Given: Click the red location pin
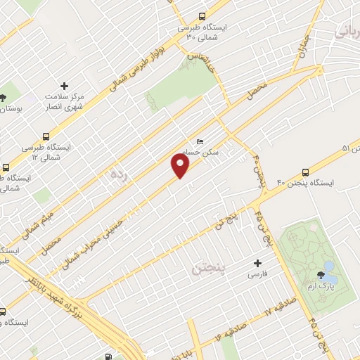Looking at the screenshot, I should [x=181, y=166].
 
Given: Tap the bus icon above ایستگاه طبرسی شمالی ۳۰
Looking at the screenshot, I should [x=202, y=16].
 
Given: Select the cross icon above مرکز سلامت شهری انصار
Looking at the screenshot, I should [x=64, y=86].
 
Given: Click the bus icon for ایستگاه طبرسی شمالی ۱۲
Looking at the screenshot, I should [x=46, y=136].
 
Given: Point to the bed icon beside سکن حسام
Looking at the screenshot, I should [x=200, y=142].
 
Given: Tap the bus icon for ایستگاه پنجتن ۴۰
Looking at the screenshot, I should [x=305, y=172].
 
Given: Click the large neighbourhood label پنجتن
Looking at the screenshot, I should [x=208, y=267].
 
